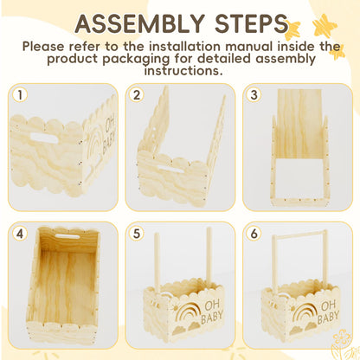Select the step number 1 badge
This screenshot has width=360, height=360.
19,94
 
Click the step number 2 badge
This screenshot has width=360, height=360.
135,94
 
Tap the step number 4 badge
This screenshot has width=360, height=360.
19,233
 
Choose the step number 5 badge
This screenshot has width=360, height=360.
135,233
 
